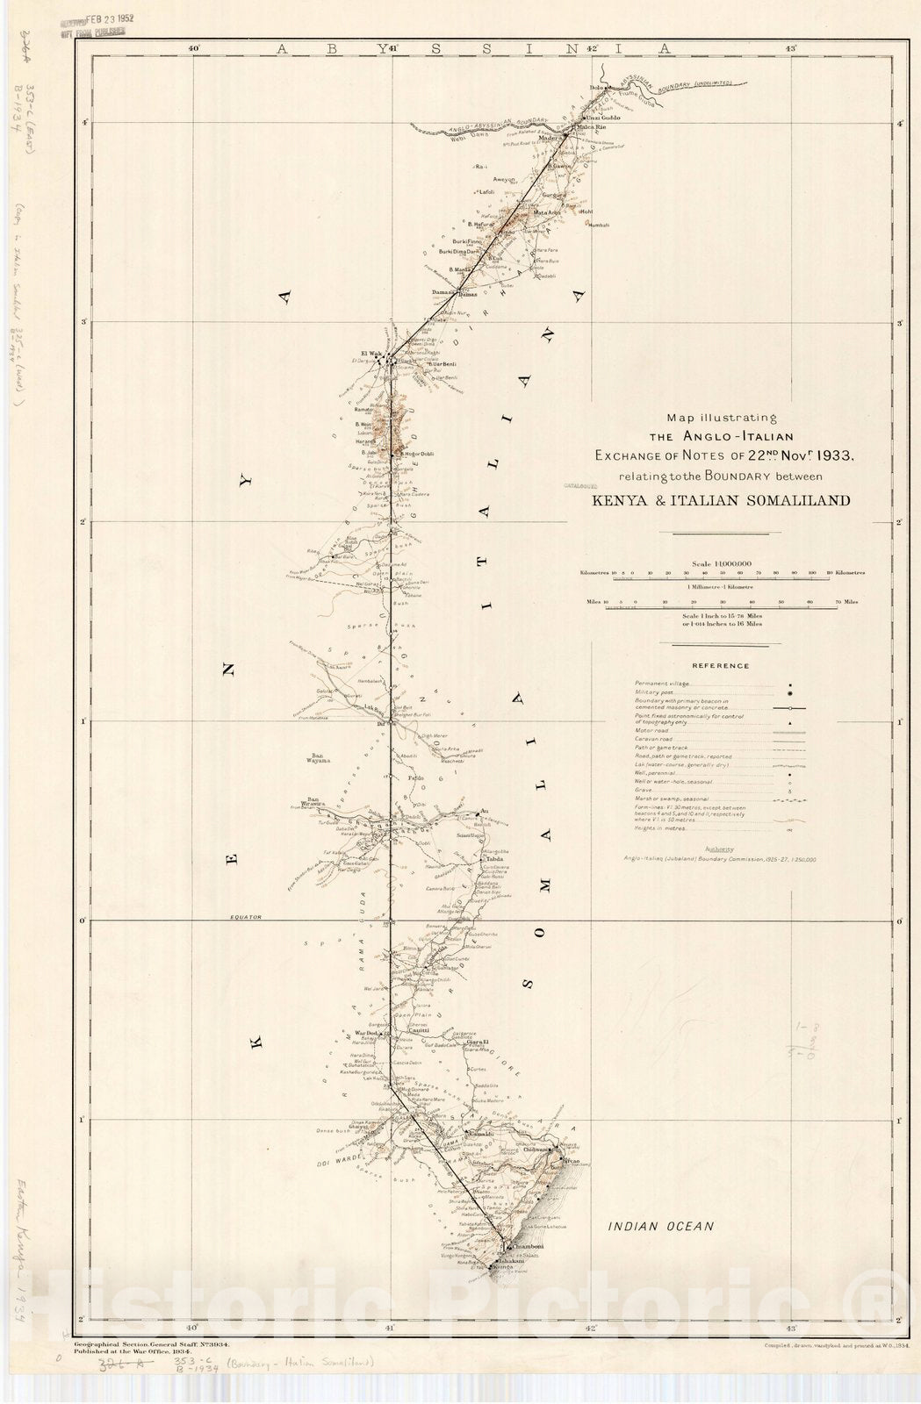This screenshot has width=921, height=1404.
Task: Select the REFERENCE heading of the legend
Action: pyautogui.click(x=720, y=666)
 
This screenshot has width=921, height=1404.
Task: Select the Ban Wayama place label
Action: pyautogui.click(x=318, y=757)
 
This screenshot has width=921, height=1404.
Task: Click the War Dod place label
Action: pyautogui.click(x=366, y=1033)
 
